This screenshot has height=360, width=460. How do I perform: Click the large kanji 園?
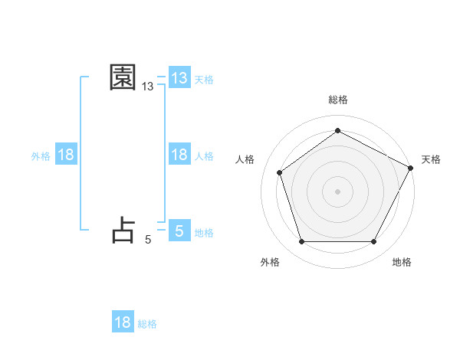(123, 78)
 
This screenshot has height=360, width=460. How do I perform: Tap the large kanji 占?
(123, 230)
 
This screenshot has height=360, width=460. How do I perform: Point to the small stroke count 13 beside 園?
(148, 87)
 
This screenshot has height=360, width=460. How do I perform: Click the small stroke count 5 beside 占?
(148, 240)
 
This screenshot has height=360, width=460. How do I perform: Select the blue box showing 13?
(179, 78)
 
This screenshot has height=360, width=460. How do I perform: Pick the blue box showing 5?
(179, 231)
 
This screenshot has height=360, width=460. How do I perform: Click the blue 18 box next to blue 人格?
(179, 155)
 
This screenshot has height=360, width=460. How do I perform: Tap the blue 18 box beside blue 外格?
(66, 155)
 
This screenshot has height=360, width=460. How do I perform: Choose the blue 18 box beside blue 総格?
(123, 322)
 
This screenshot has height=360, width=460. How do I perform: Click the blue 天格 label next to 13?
(204, 80)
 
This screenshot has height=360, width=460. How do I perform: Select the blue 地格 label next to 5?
(204, 233)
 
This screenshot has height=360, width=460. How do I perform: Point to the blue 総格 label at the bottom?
(147, 324)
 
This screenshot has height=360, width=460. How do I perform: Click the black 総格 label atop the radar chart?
(337, 100)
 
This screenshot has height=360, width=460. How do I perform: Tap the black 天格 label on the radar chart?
(431, 159)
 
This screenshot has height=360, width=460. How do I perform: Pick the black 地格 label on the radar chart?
(402, 262)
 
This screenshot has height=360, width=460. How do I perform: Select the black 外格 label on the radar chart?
(270, 262)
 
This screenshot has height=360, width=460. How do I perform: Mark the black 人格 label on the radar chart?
(245, 159)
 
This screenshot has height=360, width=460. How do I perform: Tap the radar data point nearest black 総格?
(337, 131)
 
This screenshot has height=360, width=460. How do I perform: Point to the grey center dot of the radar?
(337, 191)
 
